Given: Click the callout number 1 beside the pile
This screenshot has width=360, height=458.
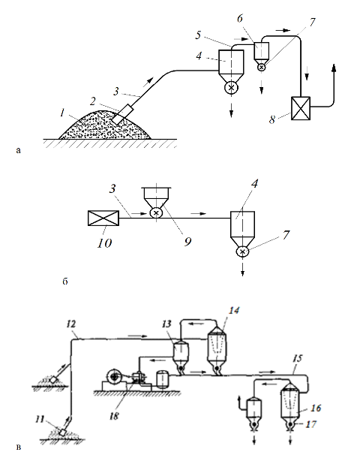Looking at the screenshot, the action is tap(62, 113).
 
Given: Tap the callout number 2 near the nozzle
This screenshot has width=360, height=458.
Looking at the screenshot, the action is tap(93, 101).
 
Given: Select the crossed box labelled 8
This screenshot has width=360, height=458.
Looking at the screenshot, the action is tap(301, 108).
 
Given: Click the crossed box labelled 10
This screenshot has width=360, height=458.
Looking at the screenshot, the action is tap(103, 218).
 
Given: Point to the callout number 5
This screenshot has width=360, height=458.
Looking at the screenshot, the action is tap(198, 35).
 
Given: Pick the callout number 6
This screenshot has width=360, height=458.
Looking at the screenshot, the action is tap(240, 19).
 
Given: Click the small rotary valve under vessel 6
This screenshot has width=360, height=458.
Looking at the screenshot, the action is tap(262, 68).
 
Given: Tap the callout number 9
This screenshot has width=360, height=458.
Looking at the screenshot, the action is tap(188, 242).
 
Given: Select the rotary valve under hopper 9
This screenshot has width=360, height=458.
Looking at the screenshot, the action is tap(156, 213).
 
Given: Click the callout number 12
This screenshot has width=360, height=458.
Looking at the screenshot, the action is tap(71, 324).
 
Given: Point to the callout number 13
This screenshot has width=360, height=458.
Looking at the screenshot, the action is tap(166, 324).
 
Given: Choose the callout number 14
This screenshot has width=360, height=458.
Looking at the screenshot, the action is tap(234, 310).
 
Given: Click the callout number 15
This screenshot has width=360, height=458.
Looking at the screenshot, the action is tap(297, 358).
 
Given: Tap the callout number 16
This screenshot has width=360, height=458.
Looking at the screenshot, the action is tap(316, 408).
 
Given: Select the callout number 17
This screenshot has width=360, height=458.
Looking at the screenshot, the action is tap(310, 423).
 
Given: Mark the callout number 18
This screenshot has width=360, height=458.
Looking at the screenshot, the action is tap(114, 416).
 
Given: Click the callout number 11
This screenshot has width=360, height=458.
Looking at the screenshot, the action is tap(40, 420).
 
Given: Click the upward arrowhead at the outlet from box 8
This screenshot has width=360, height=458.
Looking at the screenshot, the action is tap(334, 68).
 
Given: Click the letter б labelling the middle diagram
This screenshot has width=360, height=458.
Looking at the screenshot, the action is tap(65, 282).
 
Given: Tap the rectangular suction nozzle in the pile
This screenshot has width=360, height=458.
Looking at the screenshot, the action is tap(122, 114).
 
